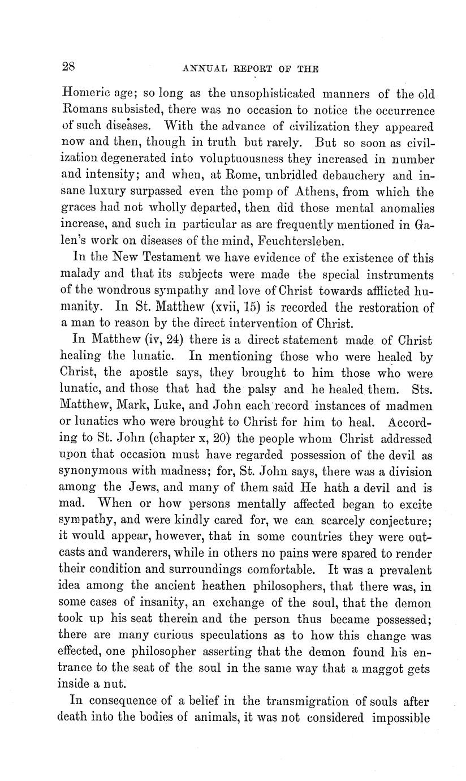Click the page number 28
tap(68, 66)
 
